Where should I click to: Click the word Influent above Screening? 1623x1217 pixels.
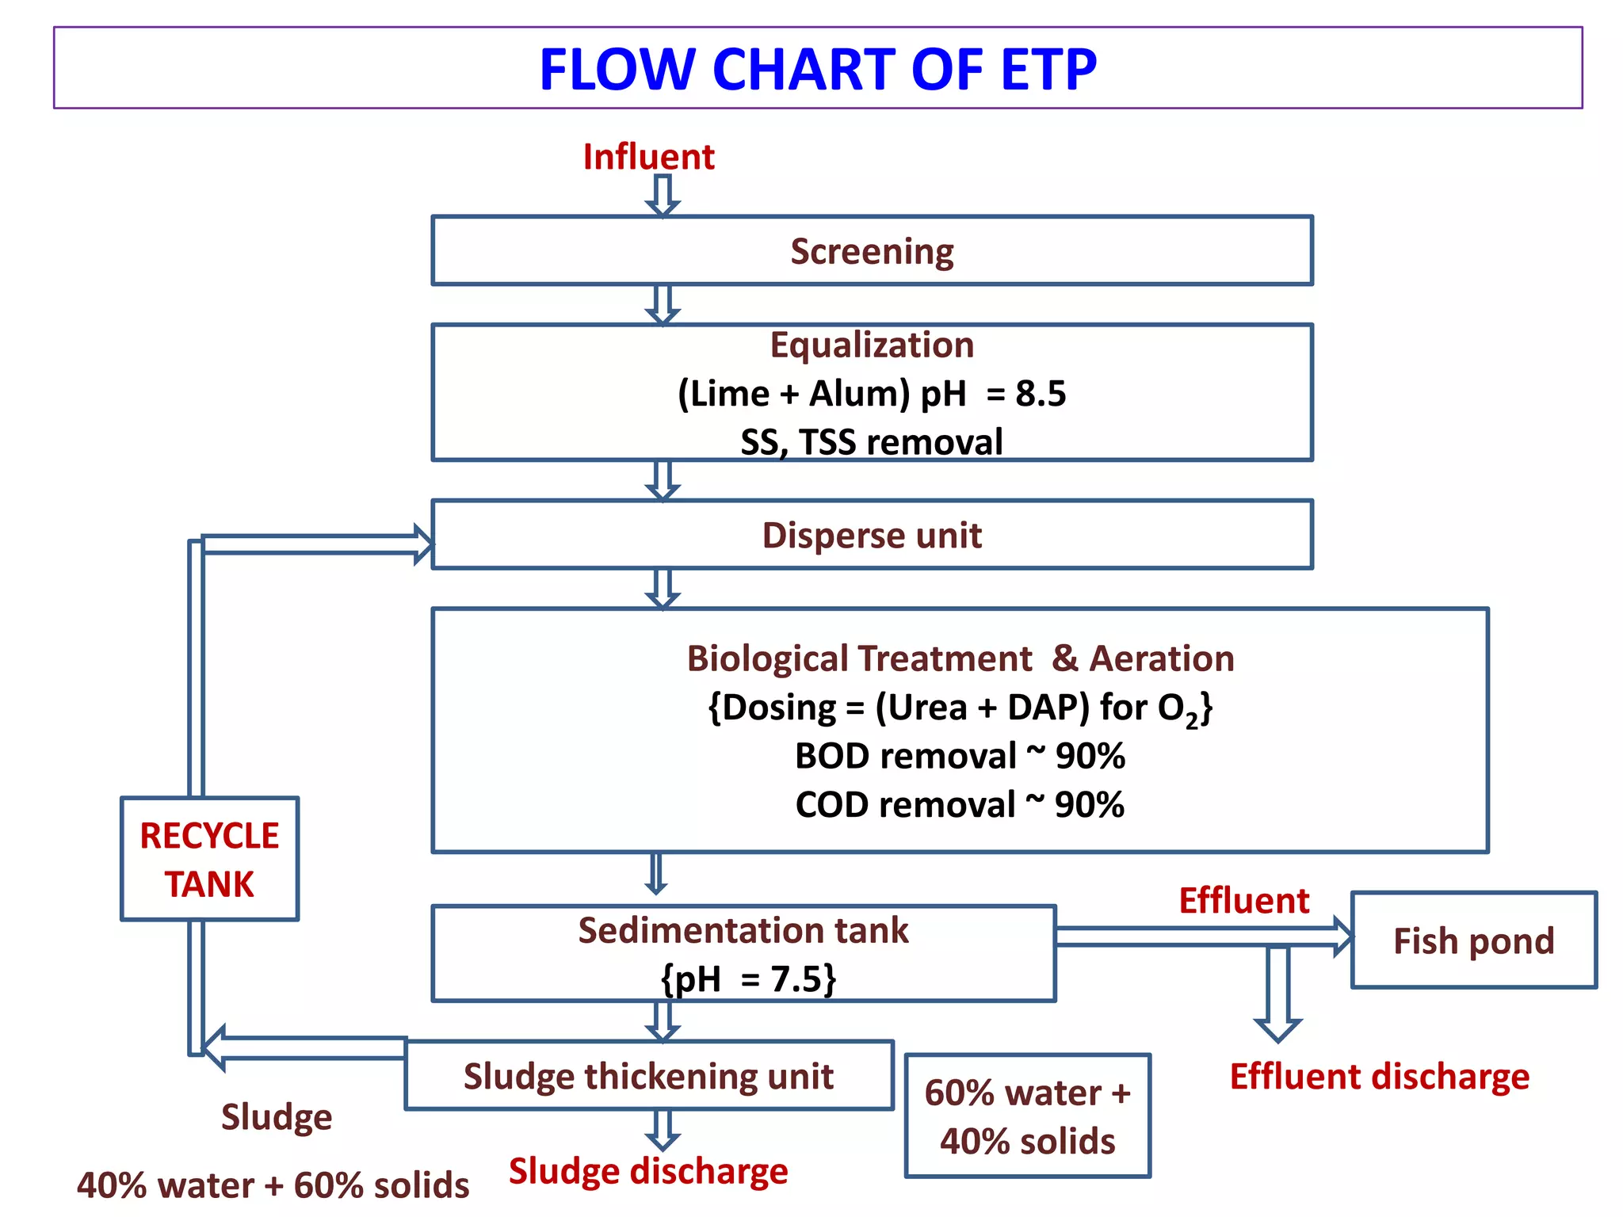[648, 157]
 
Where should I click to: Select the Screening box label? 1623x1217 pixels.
[872, 251]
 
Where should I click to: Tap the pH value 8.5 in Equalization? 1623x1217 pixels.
[1041, 394]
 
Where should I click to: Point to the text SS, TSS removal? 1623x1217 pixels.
[872, 442]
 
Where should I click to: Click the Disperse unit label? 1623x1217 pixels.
[872, 536]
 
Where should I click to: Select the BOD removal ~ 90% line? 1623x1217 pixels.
[960, 756]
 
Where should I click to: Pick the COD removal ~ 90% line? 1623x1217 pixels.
[960, 805]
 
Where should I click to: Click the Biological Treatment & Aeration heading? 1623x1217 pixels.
[960, 658]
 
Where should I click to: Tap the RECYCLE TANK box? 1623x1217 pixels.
[209, 860]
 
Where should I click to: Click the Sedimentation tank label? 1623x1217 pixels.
[743, 930]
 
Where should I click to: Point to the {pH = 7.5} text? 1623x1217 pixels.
[748, 979]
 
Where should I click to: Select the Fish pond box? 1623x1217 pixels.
[1473, 940]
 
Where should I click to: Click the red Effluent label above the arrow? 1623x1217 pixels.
[1243, 901]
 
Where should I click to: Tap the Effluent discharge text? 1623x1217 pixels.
[1379, 1077]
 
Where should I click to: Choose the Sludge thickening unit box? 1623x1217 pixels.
[648, 1076]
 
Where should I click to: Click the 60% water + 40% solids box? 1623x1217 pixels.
[1027, 1116]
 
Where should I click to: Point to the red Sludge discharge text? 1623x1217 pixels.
[648, 1171]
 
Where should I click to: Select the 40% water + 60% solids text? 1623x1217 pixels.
[273, 1185]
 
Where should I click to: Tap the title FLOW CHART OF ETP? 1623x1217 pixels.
[817, 70]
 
